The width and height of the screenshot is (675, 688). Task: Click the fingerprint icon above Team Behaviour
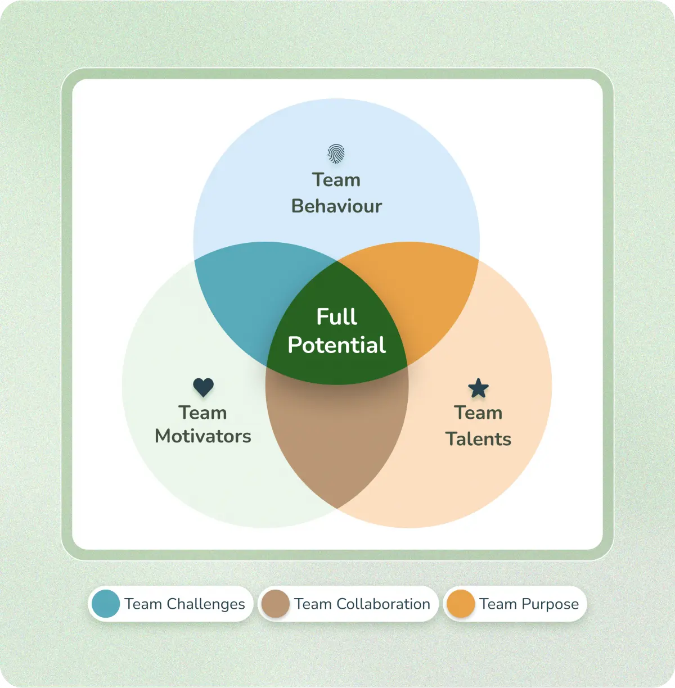[336, 153]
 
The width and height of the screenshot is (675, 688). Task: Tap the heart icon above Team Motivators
[203, 387]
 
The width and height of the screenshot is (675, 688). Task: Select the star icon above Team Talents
[478, 388]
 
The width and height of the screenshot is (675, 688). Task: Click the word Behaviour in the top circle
[336, 206]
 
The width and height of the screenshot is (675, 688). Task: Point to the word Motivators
[203, 436]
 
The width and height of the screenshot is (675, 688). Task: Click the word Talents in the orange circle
[478, 439]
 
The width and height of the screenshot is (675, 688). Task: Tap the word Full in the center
[336, 316]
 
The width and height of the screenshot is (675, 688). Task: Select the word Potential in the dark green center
[336, 345]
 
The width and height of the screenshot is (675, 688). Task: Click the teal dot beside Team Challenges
[106, 604]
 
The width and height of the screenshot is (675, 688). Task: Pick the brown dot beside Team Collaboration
[275, 604]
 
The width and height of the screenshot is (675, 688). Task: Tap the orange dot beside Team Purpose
[460, 604]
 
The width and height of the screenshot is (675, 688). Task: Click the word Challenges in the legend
[206, 604]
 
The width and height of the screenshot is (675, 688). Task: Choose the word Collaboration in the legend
[383, 604]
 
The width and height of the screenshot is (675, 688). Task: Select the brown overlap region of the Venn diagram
[336, 438]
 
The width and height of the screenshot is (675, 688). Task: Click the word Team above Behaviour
[336, 180]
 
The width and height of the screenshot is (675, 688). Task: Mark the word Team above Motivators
[203, 413]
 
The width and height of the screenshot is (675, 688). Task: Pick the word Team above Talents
[478, 413]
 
